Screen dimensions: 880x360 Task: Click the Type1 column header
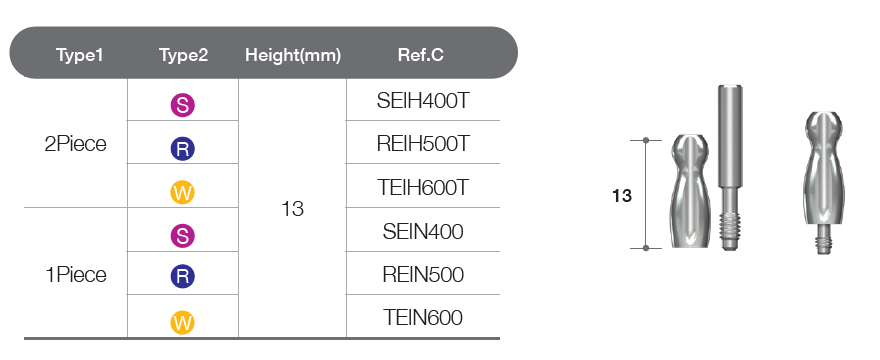click(x=80, y=55)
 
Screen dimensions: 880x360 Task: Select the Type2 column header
click(x=184, y=55)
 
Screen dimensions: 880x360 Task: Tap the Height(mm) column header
click(x=293, y=56)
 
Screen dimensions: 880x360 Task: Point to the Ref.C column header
click(x=421, y=55)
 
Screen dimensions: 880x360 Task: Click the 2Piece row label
click(x=75, y=144)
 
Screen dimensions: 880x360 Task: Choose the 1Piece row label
click(x=75, y=275)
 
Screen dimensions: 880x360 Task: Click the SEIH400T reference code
click(x=423, y=101)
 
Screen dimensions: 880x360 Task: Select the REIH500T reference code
click(x=423, y=144)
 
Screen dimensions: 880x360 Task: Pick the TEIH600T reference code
click(x=423, y=188)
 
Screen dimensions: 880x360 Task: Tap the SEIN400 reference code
click(x=423, y=231)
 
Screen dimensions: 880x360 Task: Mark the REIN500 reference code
click(x=423, y=275)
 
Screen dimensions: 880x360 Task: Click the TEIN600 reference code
click(x=423, y=318)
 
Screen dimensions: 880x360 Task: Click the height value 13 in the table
click(x=292, y=209)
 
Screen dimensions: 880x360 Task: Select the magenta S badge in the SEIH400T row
click(x=183, y=106)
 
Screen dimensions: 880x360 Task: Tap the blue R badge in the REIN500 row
click(x=183, y=276)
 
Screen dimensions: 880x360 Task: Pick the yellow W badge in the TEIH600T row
click(x=183, y=193)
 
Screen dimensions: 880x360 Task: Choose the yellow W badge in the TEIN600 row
click(x=183, y=323)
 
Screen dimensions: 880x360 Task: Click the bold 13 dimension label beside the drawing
click(x=622, y=196)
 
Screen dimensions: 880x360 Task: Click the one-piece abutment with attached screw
click(x=824, y=183)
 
